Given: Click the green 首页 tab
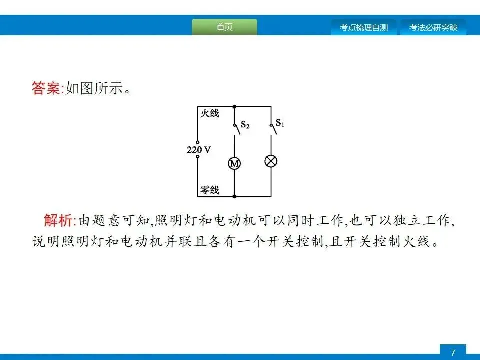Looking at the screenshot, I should click(224, 27).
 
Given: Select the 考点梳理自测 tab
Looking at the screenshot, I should click(363, 28).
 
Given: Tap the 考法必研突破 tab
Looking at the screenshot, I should click(433, 28).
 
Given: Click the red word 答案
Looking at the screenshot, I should click(45, 89).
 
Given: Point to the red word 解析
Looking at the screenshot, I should click(58, 220).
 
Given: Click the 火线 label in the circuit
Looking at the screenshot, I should click(210, 113).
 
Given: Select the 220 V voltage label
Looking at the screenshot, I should click(198, 149).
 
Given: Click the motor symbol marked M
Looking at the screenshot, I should click(234, 163).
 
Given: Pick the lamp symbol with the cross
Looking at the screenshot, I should click(271, 161).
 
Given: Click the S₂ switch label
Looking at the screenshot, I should click(245, 125).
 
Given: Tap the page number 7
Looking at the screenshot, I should click(453, 353).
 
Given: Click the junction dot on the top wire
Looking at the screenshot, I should click(234, 106).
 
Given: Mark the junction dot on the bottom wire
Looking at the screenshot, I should click(234, 196).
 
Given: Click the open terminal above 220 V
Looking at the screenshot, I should click(198, 142).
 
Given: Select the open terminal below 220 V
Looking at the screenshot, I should click(198, 157).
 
